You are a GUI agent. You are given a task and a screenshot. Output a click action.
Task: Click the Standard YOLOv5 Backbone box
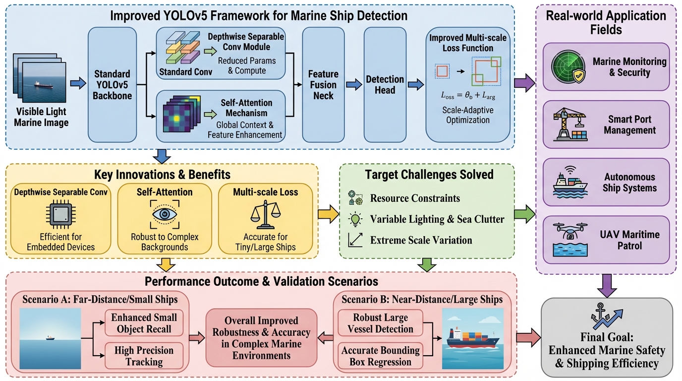112,84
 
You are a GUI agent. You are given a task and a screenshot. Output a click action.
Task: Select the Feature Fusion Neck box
323,84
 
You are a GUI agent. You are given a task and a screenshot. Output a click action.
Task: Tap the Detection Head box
385,84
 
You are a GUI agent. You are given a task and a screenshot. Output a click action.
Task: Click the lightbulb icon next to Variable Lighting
355,219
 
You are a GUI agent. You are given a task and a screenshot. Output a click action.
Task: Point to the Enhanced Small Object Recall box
144,322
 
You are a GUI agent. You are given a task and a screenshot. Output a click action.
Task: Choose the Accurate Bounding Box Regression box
380,356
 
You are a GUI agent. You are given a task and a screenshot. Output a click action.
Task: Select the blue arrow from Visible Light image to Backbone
77,84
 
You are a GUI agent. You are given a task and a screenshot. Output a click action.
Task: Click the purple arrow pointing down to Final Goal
607,285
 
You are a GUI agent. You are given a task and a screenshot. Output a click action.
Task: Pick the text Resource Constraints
415,198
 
